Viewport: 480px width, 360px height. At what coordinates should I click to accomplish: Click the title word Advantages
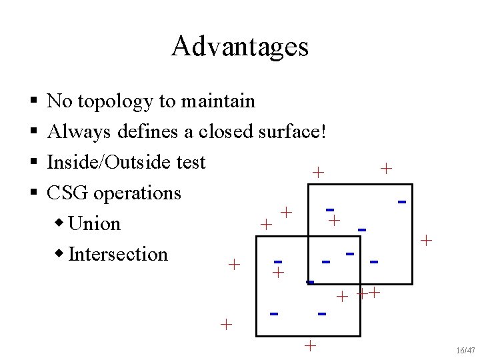[x=239, y=47]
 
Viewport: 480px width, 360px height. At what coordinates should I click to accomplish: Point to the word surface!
[x=291, y=132]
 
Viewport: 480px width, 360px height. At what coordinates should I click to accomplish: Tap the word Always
[x=79, y=132]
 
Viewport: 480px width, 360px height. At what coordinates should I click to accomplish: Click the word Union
[x=94, y=223]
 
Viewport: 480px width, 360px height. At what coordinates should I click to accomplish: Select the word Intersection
[x=118, y=254]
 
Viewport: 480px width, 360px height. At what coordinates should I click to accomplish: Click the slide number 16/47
[x=466, y=351]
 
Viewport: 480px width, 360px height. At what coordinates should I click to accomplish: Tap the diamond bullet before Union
[x=61, y=223]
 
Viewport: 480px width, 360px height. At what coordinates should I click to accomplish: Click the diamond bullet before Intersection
[x=61, y=254]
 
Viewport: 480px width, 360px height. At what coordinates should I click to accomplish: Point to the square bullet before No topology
[x=33, y=102]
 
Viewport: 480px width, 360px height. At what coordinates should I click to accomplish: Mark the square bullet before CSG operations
[x=33, y=193]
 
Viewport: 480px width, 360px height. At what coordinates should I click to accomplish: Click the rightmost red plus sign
[x=427, y=239]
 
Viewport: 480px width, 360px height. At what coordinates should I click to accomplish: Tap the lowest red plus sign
[x=309, y=345]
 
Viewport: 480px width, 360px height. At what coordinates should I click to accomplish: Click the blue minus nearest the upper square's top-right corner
[x=402, y=201]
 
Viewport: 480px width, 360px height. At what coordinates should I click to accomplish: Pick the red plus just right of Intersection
[x=234, y=265]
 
